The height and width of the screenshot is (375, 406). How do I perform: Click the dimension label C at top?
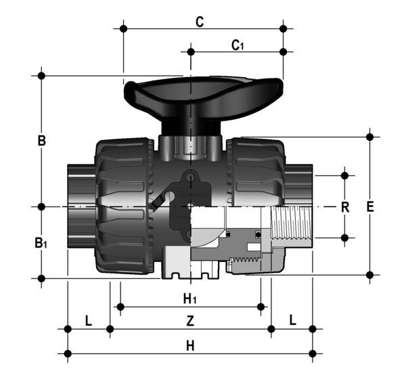(200, 21)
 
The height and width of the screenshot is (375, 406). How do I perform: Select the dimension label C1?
(238, 45)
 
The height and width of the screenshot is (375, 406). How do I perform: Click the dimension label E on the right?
(370, 207)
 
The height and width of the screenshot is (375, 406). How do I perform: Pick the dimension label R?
(344, 207)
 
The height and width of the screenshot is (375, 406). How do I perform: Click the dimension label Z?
(191, 319)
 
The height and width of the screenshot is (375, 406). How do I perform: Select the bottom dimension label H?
(191, 345)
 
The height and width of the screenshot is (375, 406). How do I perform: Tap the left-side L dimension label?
(88, 319)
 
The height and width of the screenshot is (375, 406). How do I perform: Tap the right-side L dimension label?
(292, 319)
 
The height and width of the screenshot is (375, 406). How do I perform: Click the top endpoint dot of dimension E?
(369, 137)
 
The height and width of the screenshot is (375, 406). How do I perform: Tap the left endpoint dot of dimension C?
(123, 28)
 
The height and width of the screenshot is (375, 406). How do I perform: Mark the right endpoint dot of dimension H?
(312, 353)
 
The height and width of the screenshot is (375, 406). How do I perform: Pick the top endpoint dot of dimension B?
(42, 75)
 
